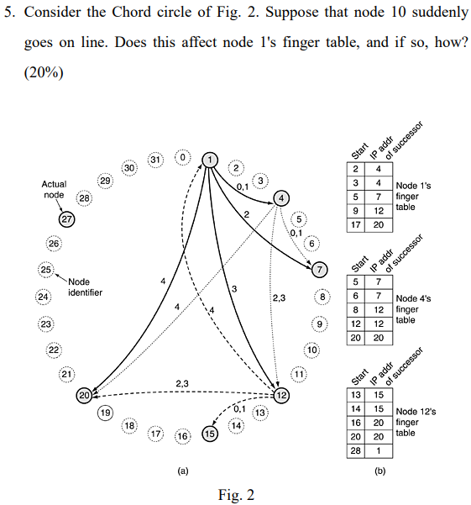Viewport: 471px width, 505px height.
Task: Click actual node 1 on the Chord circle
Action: [x=210, y=159]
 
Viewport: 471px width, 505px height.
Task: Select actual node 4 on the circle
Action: [x=280, y=198]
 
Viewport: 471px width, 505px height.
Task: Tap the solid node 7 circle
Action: [x=319, y=269]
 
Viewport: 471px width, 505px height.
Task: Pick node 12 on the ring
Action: [x=281, y=395]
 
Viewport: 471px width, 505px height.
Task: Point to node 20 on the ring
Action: [x=84, y=395]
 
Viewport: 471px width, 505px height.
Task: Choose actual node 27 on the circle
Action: [x=67, y=219]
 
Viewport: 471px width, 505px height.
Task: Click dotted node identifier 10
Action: [x=311, y=350]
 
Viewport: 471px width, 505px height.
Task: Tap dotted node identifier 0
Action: [x=181, y=157]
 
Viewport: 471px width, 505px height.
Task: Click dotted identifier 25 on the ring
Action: [x=46, y=270]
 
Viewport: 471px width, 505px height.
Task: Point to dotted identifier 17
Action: [x=155, y=434]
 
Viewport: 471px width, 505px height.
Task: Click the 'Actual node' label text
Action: [x=54, y=189]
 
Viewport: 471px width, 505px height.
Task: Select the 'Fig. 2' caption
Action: [x=235, y=493]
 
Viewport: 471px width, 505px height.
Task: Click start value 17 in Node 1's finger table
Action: [x=356, y=224]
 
